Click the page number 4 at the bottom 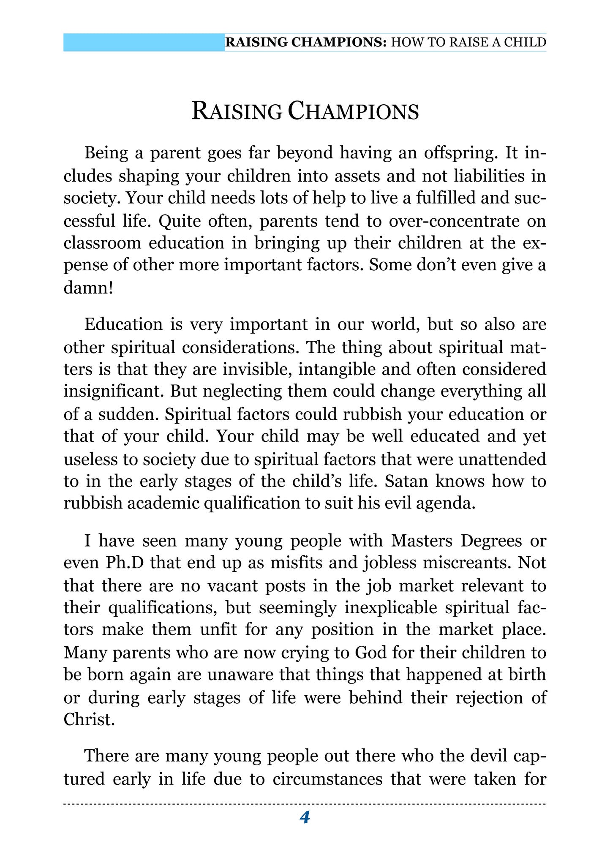tap(305, 818)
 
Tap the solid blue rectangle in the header tap(144, 43)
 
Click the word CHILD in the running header tap(526, 42)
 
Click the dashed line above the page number tap(305, 804)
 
